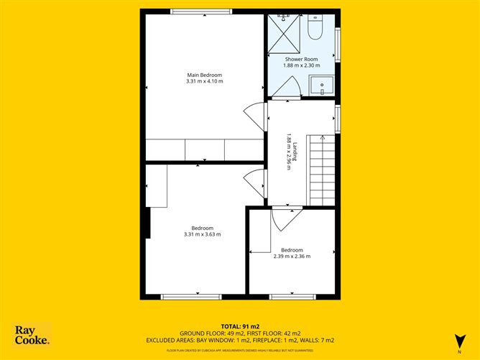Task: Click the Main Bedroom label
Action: (x=204, y=75)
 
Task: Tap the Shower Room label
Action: (x=300, y=59)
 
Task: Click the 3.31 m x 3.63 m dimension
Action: (x=202, y=234)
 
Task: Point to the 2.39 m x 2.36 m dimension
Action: (x=292, y=256)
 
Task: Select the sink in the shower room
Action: (x=323, y=85)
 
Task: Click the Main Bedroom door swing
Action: (x=254, y=115)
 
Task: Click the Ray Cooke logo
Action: (x=32, y=336)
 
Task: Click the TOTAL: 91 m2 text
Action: (x=240, y=326)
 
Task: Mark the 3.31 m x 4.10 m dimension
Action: (x=204, y=81)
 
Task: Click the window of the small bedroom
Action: (x=291, y=296)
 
